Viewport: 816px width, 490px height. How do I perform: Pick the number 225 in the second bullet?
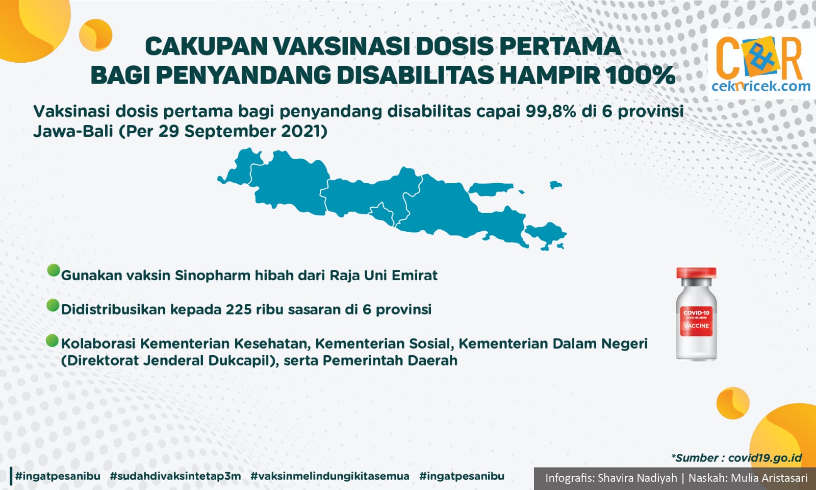238,309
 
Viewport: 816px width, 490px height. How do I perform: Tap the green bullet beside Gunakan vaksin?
53,270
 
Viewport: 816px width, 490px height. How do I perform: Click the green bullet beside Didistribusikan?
53,305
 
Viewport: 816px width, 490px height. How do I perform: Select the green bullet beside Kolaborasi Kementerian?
53,340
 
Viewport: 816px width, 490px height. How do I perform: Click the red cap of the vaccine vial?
696,273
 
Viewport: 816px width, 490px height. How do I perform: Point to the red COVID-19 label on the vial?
696,321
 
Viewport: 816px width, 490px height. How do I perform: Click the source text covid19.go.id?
764,458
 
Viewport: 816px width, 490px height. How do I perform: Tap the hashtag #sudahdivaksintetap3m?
175,476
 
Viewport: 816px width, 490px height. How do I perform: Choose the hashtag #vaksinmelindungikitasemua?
329,476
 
